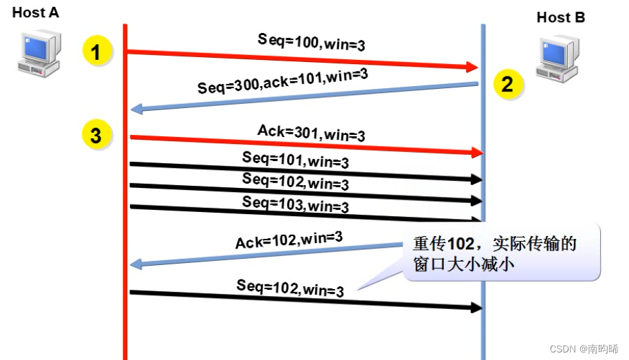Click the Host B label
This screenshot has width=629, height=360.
coord(561,17)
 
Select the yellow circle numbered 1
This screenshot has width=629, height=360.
coord(96,53)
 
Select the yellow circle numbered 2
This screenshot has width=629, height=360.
coord(507,84)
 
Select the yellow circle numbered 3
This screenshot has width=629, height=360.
coord(96,135)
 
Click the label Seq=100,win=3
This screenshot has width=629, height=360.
coord(311,43)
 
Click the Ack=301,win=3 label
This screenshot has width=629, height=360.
coord(311,132)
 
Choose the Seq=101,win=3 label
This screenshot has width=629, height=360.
coord(295,161)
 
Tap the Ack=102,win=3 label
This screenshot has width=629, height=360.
coord(289,240)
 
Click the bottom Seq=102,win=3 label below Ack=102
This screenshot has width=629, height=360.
coord(290,288)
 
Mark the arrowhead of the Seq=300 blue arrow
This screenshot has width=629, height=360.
coord(136,109)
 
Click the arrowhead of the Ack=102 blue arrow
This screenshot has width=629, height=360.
coord(136,264)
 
